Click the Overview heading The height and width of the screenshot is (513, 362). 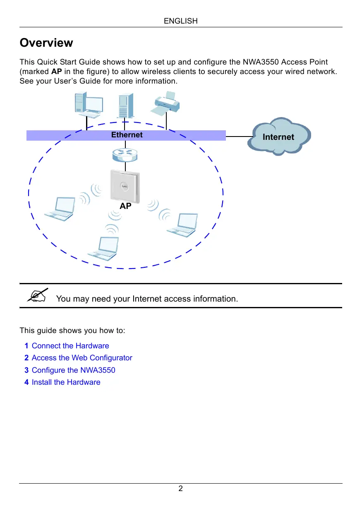(46, 43)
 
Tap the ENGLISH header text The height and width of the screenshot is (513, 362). (181, 21)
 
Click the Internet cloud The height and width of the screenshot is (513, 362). (279, 137)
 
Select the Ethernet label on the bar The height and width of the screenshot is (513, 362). (127, 135)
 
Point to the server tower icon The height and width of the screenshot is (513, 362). (126, 106)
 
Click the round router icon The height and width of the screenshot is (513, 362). (125, 155)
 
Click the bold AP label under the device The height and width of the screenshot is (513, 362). (126, 206)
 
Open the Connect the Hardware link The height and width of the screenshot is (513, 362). (70, 346)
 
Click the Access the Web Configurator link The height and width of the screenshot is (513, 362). (82, 358)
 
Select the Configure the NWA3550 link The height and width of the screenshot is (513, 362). (73, 370)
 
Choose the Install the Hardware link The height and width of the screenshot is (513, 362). (66, 382)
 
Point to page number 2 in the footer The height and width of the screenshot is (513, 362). (181, 489)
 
